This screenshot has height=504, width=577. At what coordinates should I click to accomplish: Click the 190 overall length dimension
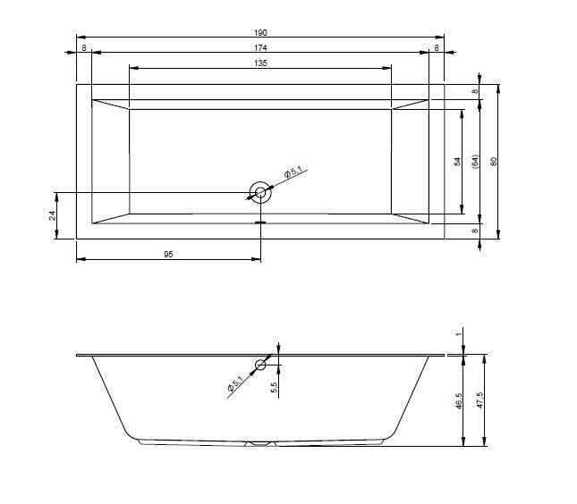coord(260,33)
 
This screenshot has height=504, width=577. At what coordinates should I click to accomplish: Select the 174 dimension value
coord(260,47)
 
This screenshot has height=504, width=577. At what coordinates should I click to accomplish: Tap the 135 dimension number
coord(260,63)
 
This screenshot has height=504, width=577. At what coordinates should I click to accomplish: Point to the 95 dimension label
coord(168,254)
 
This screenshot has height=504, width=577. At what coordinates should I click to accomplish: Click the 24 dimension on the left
coord(53,215)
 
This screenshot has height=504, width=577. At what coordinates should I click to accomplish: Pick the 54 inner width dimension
coord(457,162)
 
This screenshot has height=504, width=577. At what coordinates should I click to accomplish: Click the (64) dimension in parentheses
coord(475,162)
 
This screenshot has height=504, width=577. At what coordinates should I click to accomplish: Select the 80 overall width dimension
coord(494,162)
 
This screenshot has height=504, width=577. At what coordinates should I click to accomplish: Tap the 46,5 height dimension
coord(459,400)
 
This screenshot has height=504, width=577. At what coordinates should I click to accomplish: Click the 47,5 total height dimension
coord(479,400)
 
